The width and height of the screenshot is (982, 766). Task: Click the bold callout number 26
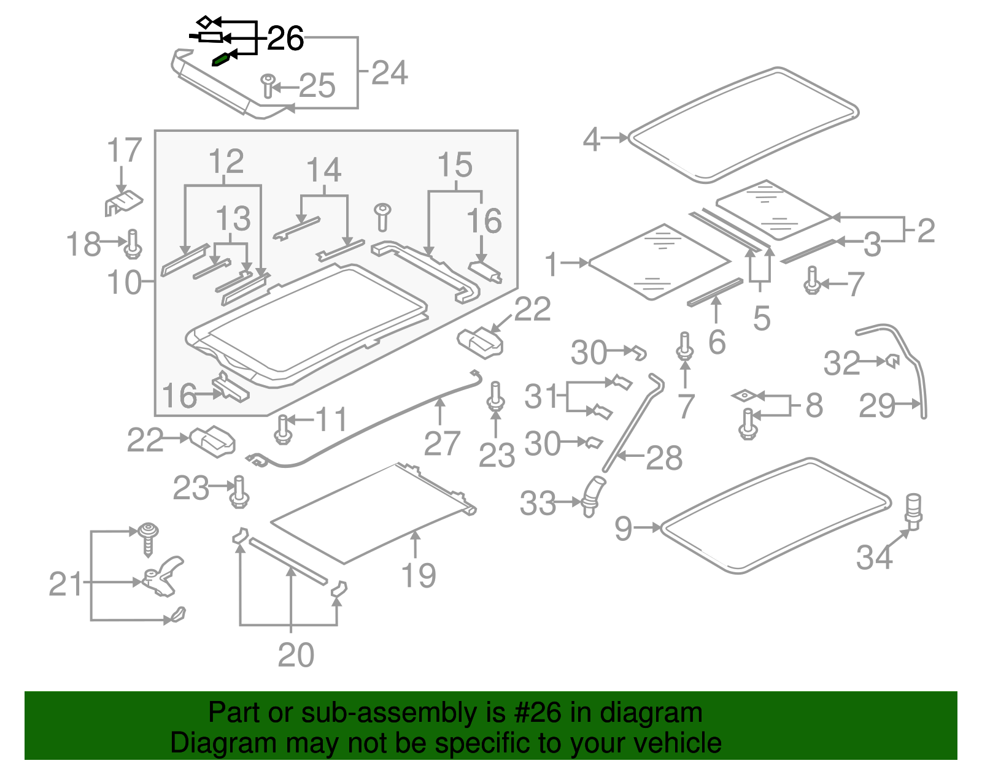click(x=285, y=39)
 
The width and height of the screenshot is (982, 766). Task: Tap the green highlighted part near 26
click(x=220, y=59)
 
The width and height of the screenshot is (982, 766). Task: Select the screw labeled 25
click(x=268, y=86)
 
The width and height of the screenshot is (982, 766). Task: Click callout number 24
click(x=389, y=73)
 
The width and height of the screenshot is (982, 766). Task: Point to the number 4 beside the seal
click(x=591, y=139)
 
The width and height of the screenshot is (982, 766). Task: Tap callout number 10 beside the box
click(x=123, y=283)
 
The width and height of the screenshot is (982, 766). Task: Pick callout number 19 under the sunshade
click(x=418, y=575)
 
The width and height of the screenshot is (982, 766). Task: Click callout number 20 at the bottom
click(x=296, y=655)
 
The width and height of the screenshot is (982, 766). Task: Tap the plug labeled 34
click(x=913, y=510)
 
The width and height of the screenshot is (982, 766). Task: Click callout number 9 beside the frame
click(x=623, y=528)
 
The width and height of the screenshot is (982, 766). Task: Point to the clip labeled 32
click(x=892, y=361)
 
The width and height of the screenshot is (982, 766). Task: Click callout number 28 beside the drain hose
click(x=664, y=458)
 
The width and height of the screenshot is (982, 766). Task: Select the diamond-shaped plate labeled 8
click(x=744, y=396)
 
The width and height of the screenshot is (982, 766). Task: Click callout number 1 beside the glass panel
click(x=551, y=264)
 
